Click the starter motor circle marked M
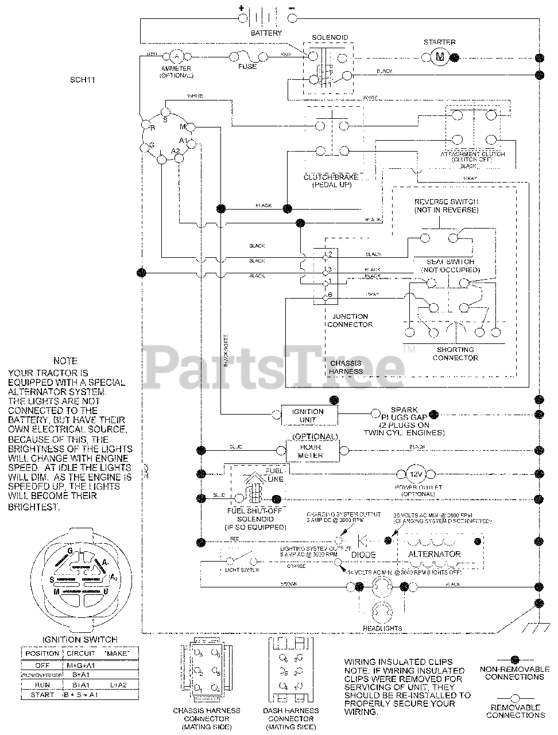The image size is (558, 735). [x=440, y=56]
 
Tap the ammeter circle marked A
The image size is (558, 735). [x=177, y=56]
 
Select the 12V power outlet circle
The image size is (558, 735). [x=415, y=474]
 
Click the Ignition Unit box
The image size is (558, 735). [x=308, y=415]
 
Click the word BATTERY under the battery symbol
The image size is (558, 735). [x=266, y=33]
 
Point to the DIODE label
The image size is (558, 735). [x=363, y=555]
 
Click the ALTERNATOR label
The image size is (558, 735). [x=434, y=554]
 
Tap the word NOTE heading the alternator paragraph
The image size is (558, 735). [x=65, y=361]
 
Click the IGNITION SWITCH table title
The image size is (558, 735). [x=80, y=639]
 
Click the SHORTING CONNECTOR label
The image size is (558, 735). [x=455, y=354]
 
